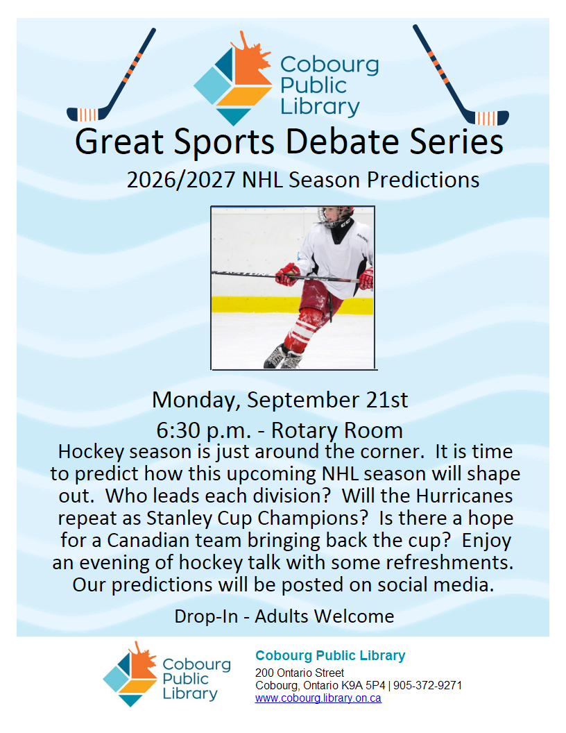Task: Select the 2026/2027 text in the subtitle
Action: click(181, 180)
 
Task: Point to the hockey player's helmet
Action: click(335, 217)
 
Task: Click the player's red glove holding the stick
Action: click(287, 274)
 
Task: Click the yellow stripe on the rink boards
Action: click(292, 305)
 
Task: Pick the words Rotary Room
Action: click(336, 430)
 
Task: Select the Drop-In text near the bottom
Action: click(206, 616)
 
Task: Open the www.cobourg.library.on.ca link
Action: click(318, 698)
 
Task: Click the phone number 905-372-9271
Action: click(428, 686)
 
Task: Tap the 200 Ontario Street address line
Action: click(300, 673)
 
